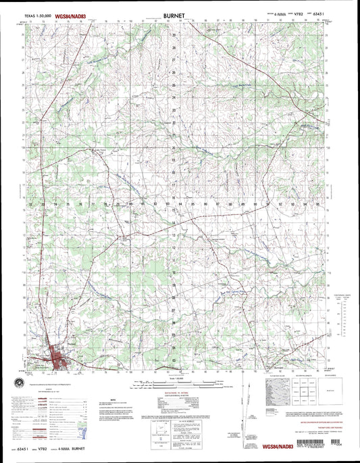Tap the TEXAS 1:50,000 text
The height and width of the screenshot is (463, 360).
click(x=37, y=14)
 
